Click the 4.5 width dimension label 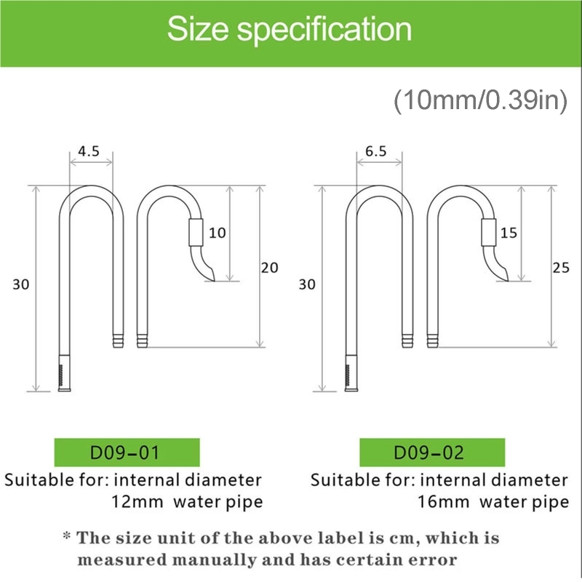(89, 151)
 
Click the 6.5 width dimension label (375, 151)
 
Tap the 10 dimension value (217, 233)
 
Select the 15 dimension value (509, 233)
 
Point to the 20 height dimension (269, 268)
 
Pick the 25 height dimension (561, 268)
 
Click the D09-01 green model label (127, 453)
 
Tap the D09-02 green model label (432, 453)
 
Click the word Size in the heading (198, 29)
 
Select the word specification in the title (324, 31)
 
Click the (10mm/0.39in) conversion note (480, 100)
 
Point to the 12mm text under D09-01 (137, 502)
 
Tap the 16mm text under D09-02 (444, 502)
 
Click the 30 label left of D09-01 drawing (21, 284)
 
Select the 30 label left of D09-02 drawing (307, 284)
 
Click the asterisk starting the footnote (67, 536)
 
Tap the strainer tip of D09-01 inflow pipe (65, 373)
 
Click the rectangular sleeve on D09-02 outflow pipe (488, 232)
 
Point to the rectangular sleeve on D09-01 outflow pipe (196, 232)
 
